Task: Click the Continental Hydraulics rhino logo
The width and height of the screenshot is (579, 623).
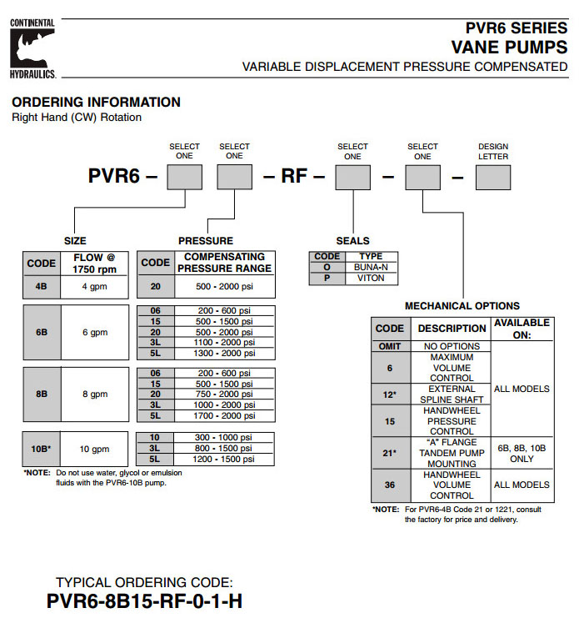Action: (32, 48)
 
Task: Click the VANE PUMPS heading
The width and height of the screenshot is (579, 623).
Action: (509, 46)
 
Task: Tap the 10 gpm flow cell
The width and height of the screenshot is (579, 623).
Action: (95, 450)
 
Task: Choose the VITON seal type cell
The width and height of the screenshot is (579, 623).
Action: (371, 279)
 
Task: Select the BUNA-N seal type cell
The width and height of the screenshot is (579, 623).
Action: (371, 267)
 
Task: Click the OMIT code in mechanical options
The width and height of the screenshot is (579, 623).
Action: (389, 346)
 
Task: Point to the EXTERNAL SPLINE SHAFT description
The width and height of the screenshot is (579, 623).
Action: (452, 394)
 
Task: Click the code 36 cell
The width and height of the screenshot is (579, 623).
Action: (389, 485)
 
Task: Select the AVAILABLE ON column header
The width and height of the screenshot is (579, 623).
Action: (522, 328)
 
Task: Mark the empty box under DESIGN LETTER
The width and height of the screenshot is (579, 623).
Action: (493, 177)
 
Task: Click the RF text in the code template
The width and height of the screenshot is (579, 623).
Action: (294, 177)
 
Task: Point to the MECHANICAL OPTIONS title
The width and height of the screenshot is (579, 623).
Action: (462, 306)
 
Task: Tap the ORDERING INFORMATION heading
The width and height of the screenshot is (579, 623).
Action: (96, 102)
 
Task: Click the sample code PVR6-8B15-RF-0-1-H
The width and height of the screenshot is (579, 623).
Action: (145, 600)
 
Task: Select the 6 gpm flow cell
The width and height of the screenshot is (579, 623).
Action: (95, 332)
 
